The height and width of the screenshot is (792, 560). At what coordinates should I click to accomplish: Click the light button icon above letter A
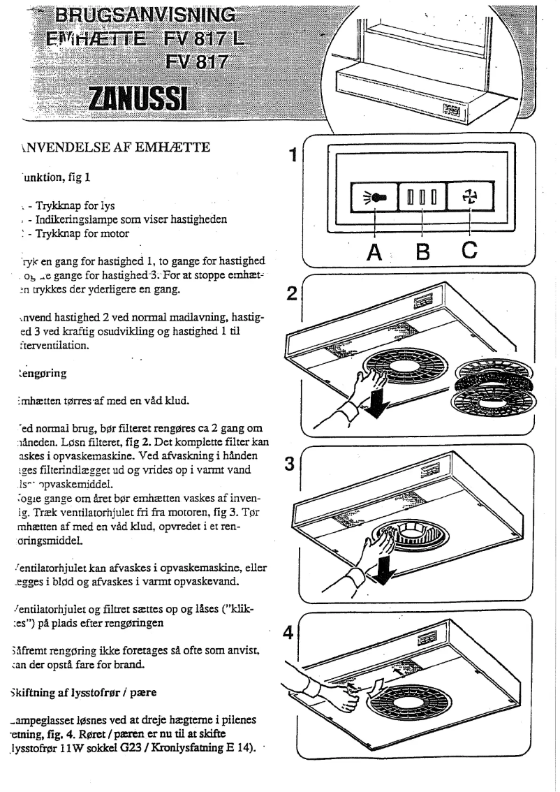(372, 198)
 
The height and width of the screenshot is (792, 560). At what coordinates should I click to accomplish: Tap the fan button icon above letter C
(469, 198)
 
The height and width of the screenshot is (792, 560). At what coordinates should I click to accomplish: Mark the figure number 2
(292, 294)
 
